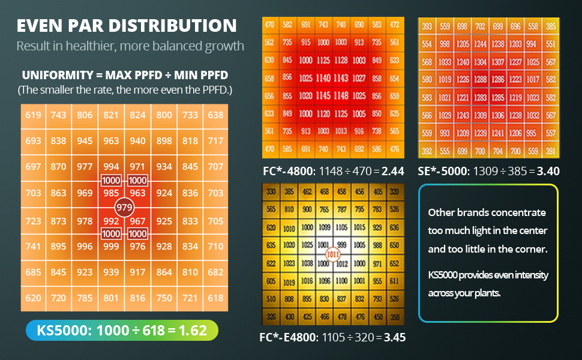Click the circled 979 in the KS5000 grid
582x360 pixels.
(x=124, y=208)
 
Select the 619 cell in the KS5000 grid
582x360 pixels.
(x=34, y=115)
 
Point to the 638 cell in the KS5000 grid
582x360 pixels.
(x=215, y=115)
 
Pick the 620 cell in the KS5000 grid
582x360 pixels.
(x=34, y=298)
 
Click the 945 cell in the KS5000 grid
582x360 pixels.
(x=85, y=141)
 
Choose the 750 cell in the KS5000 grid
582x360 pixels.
(x=164, y=298)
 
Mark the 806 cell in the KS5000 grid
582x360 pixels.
(x=85, y=115)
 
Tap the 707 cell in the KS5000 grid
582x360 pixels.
(x=215, y=167)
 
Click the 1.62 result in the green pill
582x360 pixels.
(x=193, y=331)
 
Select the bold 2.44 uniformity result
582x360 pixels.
(x=393, y=171)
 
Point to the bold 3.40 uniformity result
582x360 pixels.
(x=548, y=171)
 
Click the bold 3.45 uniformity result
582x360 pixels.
(x=394, y=337)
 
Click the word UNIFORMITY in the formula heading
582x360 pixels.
(x=53, y=76)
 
